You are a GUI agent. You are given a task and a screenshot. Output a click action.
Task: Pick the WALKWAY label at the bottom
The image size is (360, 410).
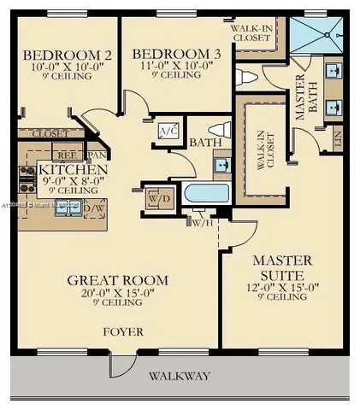180,376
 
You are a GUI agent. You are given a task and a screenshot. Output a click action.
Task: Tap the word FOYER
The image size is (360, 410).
123,331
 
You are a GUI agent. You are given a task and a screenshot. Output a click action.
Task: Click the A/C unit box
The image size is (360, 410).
168,131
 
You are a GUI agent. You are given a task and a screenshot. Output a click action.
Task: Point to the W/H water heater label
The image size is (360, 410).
203,223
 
